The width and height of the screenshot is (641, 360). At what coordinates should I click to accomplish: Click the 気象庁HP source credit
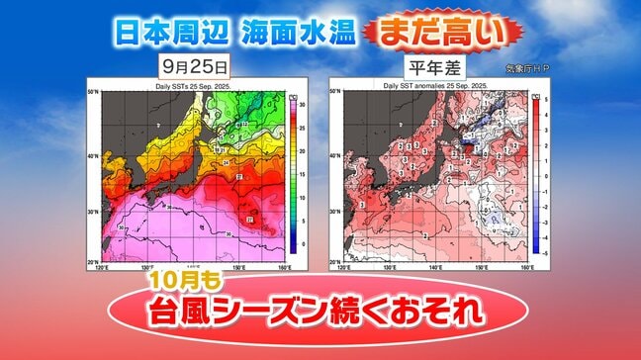tap(527, 68)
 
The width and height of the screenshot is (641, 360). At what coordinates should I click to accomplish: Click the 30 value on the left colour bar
tap(302, 104)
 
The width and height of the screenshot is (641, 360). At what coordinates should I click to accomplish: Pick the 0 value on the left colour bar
tap(301, 243)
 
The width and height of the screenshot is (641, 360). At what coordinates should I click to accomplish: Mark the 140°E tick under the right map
tap(435, 268)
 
